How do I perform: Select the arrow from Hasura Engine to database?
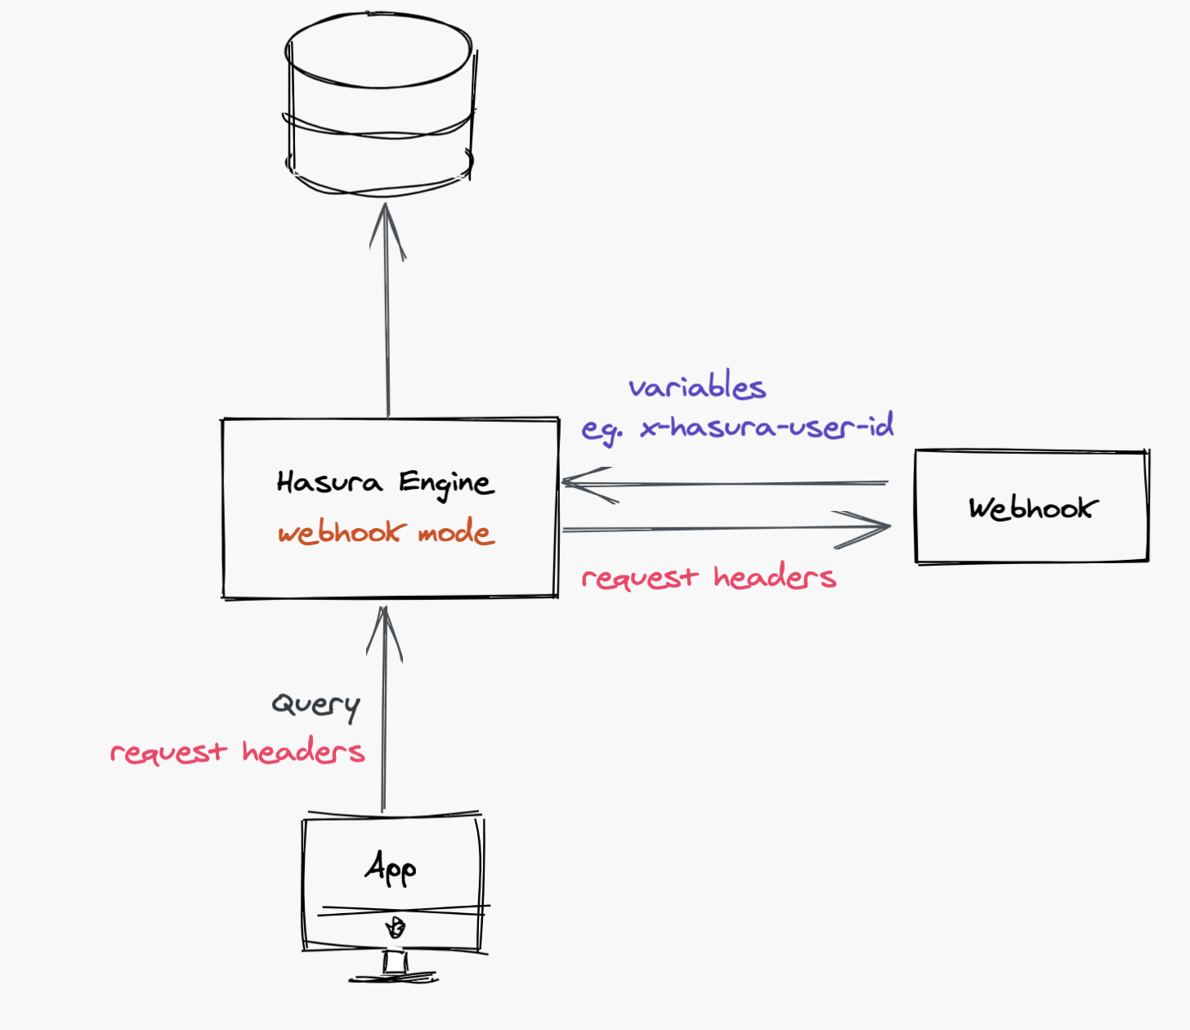387,311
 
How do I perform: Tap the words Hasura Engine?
385,483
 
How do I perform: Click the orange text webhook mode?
386,533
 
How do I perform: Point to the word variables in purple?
697,387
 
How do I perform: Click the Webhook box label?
1033,508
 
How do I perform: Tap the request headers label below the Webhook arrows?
709,577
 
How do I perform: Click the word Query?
316,705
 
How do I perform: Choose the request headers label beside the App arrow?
237,751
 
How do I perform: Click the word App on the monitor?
391,868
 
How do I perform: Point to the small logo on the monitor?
395,928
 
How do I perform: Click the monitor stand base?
395,975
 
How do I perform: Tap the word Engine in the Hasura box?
446,484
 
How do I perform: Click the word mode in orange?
456,533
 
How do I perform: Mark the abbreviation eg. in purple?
601,429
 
